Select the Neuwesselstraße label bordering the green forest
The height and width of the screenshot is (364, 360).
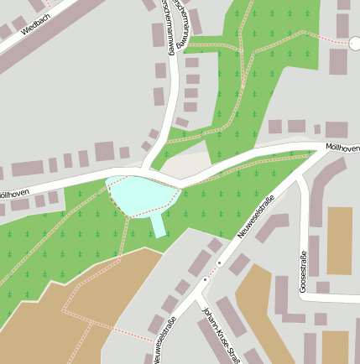coord(257,215)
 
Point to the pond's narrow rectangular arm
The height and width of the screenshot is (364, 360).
coord(158,225)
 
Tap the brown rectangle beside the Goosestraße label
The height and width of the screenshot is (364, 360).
coord(339,241)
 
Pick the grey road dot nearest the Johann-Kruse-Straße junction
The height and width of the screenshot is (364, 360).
coord(204,280)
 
